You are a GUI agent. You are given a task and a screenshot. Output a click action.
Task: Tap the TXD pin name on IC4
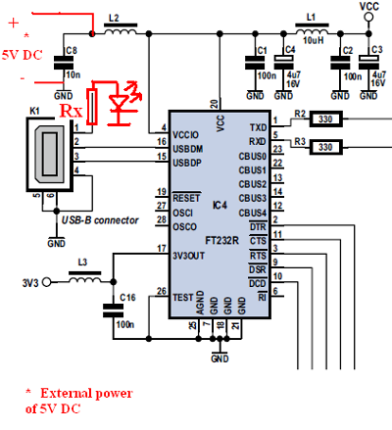click(258, 127)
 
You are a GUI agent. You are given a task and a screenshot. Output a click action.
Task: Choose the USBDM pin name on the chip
click(189, 149)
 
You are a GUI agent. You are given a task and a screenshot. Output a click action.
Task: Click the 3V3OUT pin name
click(191, 258)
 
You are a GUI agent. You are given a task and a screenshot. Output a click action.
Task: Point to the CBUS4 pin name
click(253, 213)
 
